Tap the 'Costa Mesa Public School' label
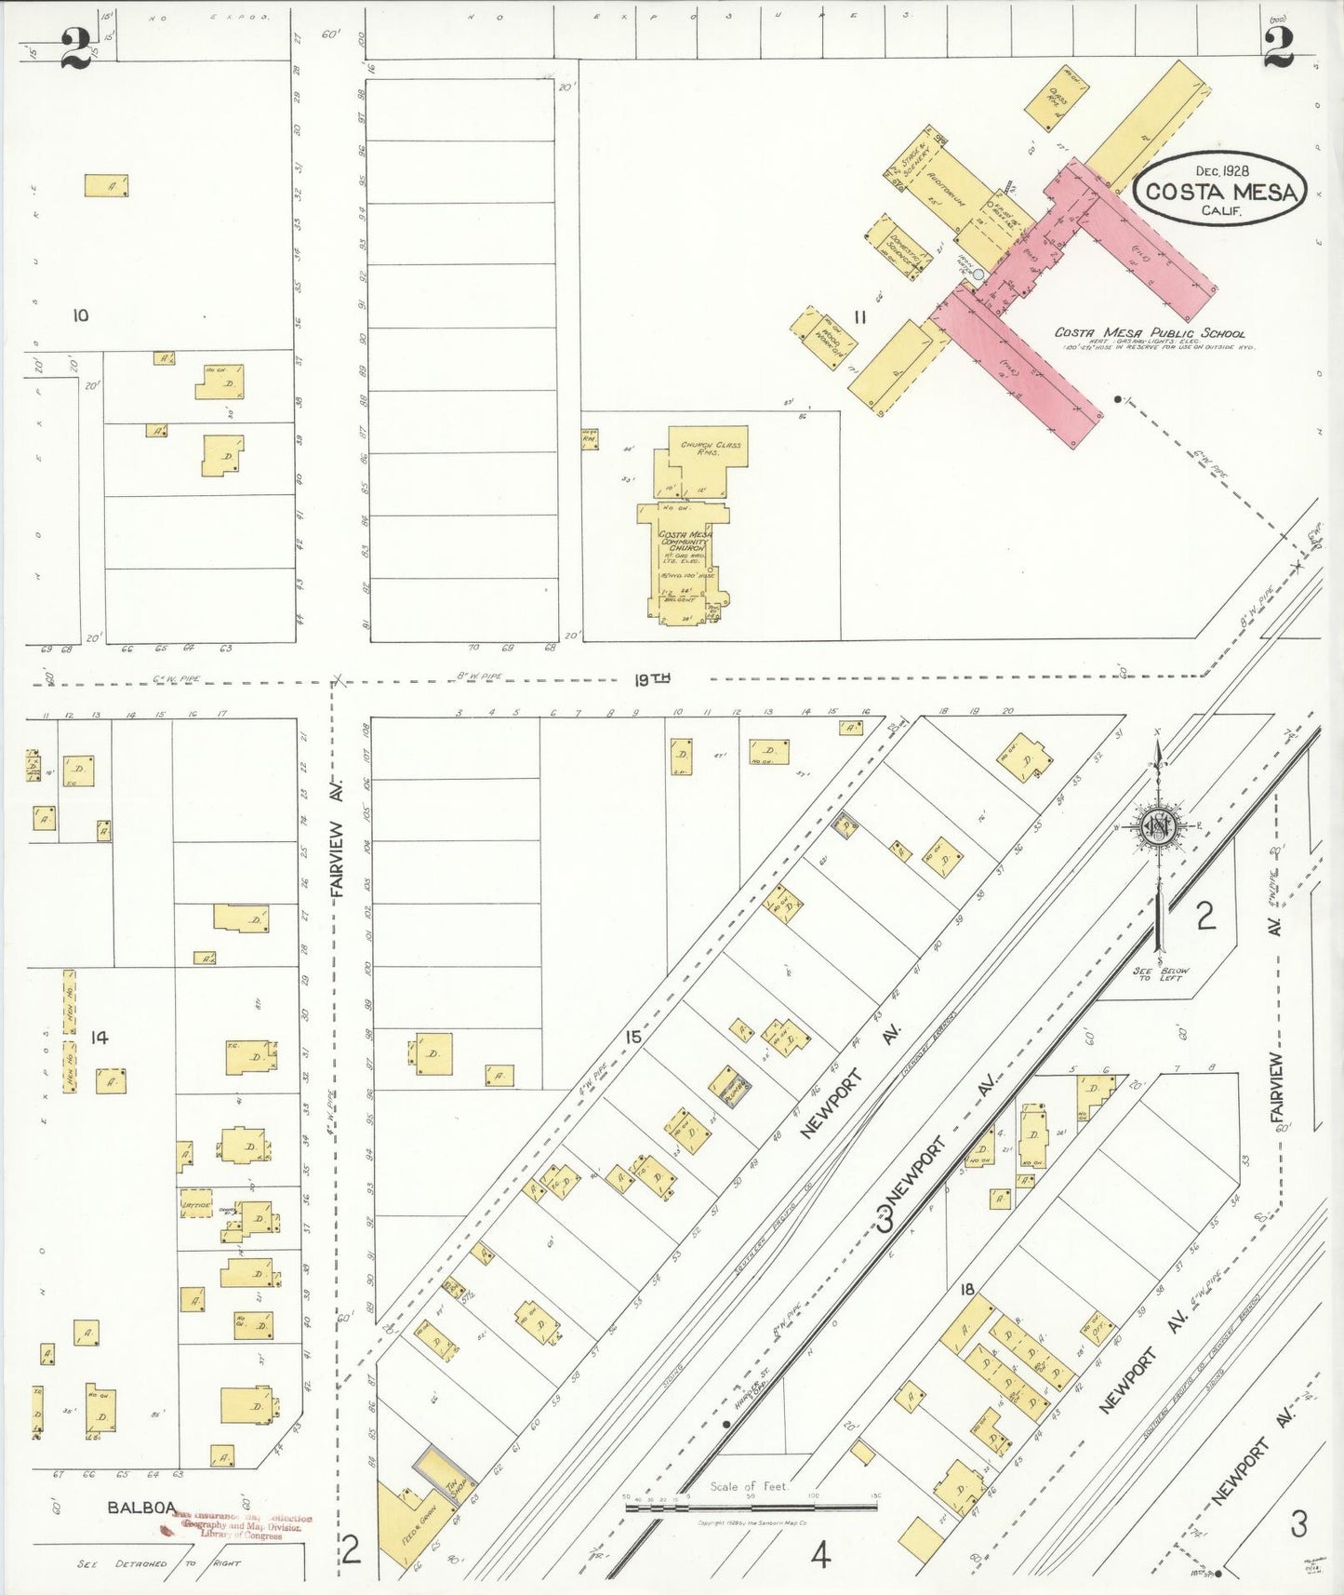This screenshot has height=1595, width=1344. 1149,332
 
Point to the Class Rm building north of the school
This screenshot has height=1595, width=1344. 1056,98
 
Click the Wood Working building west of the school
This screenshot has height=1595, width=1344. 823,339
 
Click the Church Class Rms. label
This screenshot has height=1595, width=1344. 710,448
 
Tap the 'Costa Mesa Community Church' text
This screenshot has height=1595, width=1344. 685,541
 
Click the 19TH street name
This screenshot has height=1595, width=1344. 652,679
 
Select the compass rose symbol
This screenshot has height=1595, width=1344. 1158,826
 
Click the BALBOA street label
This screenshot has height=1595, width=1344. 141,1507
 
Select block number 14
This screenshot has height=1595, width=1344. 99,1037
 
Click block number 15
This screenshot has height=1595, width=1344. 632,1036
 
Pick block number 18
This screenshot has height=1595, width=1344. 967,1289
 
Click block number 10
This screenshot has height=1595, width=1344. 81,315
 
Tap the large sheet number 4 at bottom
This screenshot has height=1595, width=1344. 819,1554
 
